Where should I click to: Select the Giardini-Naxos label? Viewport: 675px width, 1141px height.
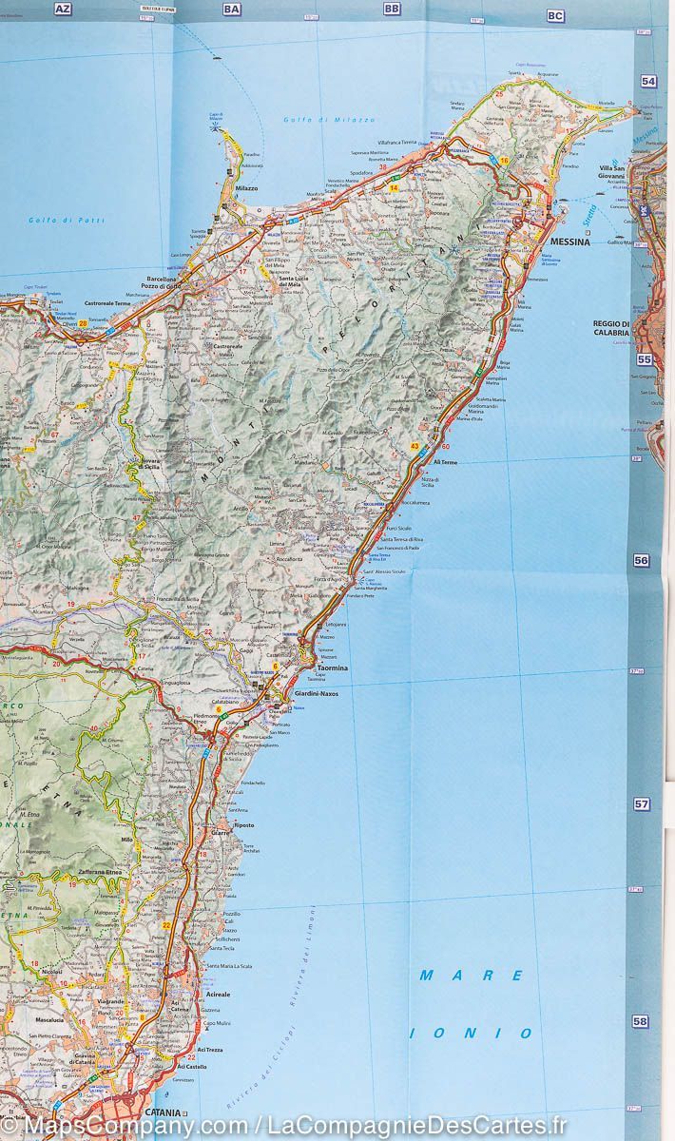(316, 694)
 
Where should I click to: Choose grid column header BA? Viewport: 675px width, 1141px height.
(231, 9)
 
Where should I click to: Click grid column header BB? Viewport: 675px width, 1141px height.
(392, 9)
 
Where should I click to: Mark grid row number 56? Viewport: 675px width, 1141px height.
(641, 561)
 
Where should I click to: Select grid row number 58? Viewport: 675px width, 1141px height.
(641, 1021)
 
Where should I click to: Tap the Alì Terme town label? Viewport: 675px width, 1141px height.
(445, 462)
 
